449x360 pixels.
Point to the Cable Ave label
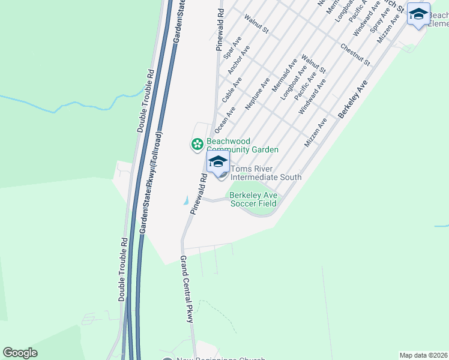(232, 89)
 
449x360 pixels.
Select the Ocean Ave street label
(225, 118)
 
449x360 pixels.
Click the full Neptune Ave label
(258, 92)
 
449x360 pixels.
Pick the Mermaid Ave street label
(285, 75)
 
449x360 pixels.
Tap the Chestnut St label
(355, 55)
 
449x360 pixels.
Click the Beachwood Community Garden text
(242, 145)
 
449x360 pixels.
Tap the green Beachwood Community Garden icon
(196, 144)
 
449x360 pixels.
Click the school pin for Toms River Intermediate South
(218, 162)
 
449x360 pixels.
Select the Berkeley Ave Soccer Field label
(253, 199)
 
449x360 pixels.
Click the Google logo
(20, 353)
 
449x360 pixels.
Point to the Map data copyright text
(423, 355)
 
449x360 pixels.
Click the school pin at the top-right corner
(418, 14)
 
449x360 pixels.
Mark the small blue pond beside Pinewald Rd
(185, 200)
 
